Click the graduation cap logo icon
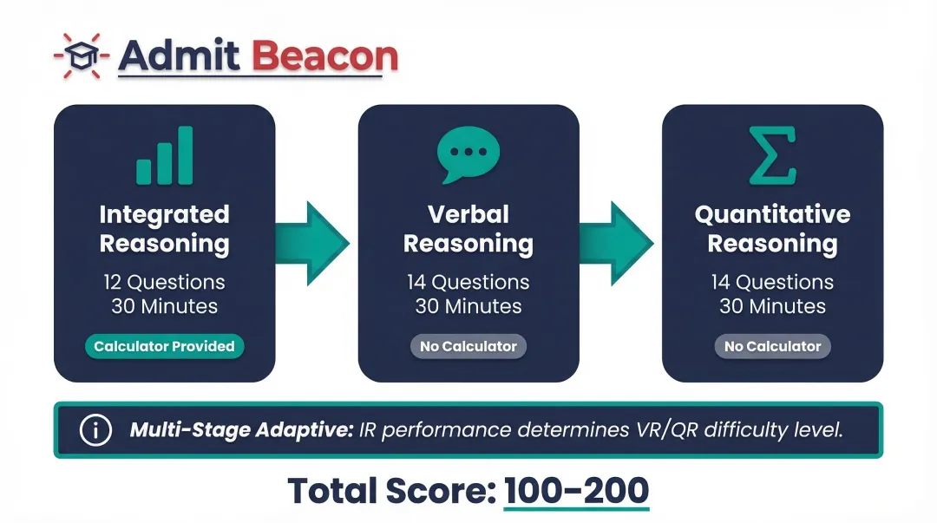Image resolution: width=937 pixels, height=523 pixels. point(82,56)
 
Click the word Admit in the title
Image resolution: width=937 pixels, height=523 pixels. point(179,56)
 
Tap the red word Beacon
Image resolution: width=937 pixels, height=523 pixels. point(324,56)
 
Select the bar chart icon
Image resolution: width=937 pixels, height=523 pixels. point(164,155)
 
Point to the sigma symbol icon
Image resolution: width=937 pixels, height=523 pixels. point(773,155)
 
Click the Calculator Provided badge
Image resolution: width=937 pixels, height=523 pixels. point(164,347)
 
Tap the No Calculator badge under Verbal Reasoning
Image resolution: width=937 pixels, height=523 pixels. point(468,347)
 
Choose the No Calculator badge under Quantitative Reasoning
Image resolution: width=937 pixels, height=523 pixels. point(773,347)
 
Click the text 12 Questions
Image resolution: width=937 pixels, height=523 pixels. point(164,282)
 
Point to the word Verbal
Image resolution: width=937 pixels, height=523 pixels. point(468,214)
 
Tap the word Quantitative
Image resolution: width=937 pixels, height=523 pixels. point(773,214)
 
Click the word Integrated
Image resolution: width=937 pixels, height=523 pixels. point(164,215)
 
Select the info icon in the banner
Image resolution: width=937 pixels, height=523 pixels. point(95,429)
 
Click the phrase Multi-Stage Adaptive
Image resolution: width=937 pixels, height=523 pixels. point(241,429)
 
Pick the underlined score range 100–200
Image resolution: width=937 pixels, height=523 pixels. point(577,491)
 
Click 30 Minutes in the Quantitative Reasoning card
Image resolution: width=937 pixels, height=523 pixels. point(773,307)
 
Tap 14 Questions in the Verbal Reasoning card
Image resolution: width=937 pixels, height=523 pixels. point(468,282)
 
